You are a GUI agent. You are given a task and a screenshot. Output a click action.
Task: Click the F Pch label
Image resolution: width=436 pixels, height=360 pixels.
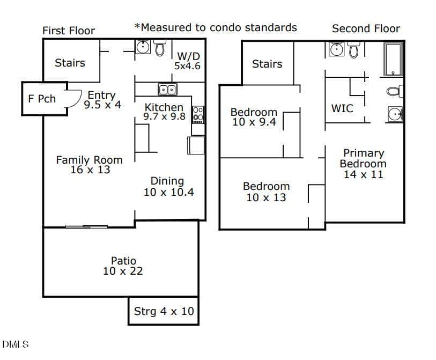[x=42, y=99]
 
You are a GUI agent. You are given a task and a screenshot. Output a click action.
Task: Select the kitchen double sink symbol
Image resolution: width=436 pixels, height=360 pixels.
[x=167, y=90]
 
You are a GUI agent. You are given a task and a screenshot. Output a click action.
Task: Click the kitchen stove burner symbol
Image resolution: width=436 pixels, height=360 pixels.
[x=198, y=115]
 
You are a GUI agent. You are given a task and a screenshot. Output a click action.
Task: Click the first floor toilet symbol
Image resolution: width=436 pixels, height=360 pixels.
[x=160, y=48]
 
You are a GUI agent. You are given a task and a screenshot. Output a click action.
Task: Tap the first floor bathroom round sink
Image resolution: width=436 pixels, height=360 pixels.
[x=143, y=47]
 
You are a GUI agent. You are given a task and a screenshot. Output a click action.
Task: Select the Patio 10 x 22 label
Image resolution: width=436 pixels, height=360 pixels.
[x=123, y=266]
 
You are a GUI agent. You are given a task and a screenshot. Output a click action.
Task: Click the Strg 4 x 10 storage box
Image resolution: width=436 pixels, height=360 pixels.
[x=164, y=311]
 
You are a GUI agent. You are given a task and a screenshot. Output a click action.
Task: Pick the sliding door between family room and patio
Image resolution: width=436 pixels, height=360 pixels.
[x=86, y=227]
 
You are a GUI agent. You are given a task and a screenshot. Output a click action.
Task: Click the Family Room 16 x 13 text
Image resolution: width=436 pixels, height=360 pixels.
[x=90, y=165]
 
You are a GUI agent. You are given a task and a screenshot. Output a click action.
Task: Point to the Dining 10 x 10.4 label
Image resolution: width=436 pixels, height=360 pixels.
[x=168, y=186]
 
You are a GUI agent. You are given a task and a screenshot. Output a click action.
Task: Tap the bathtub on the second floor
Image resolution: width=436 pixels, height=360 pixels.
[x=393, y=59]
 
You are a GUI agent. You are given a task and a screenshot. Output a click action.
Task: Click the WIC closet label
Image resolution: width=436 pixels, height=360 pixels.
[x=342, y=108]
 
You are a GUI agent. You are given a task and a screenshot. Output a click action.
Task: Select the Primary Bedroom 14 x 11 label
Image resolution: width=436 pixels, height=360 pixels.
[x=363, y=164]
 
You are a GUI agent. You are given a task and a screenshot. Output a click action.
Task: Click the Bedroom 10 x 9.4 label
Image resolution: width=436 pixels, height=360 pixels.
[x=254, y=117]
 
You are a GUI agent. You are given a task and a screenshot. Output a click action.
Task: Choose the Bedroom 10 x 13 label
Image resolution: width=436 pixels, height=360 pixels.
[x=267, y=192]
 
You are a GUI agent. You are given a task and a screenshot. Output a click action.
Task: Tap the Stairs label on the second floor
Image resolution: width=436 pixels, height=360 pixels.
[x=267, y=64]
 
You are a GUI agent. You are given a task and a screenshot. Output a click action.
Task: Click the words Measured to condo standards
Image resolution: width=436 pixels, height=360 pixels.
[x=219, y=27]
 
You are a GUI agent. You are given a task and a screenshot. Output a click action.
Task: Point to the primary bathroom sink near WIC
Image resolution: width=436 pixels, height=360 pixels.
[x=395, y=114]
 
